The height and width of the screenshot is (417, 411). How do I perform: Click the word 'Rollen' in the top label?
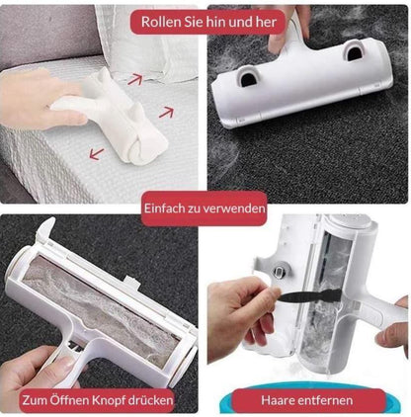pos(156,22)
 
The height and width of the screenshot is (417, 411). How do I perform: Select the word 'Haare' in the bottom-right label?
pos(276,400)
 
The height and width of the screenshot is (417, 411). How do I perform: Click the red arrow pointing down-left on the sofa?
pos(97,154)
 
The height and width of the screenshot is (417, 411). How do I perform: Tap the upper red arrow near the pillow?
pos(135,80)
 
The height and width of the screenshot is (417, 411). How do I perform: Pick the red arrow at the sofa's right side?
pos(166,113)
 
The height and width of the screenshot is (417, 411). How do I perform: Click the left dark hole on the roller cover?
pos(247,79)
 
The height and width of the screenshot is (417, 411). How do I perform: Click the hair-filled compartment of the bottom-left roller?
pos(102,309)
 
